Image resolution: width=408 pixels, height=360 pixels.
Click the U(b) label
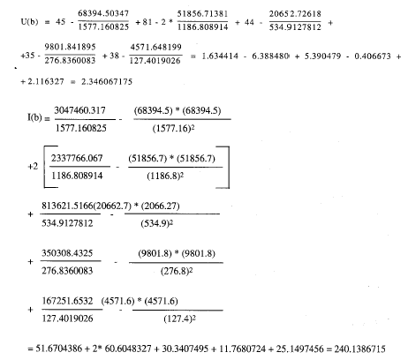click(29, 22)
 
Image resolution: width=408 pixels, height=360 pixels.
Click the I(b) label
click(34, 117)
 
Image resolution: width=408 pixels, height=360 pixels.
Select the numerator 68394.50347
click(103, 13)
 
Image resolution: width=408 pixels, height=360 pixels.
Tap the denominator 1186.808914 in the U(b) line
click(203, 27)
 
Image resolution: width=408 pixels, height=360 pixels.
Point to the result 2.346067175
click(107, 81)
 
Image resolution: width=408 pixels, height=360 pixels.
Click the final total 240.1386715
click(359, 349)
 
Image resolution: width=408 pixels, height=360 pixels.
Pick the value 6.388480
click(270, 56)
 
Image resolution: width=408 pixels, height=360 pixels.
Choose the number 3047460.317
click(79, 110)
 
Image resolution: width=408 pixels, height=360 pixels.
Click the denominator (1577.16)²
click(173, 129)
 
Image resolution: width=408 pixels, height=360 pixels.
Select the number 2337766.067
click(77, 158)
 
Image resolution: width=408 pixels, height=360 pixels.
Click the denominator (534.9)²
click(156, 223)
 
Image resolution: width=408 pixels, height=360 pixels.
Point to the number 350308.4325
click(67, 253)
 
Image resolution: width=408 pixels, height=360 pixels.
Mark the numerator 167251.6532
click(67, 301)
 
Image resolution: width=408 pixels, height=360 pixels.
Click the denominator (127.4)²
click(179, 319)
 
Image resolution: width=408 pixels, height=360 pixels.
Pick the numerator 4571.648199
click(155, 47)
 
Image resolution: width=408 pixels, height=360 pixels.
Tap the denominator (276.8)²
click(177, 271)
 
